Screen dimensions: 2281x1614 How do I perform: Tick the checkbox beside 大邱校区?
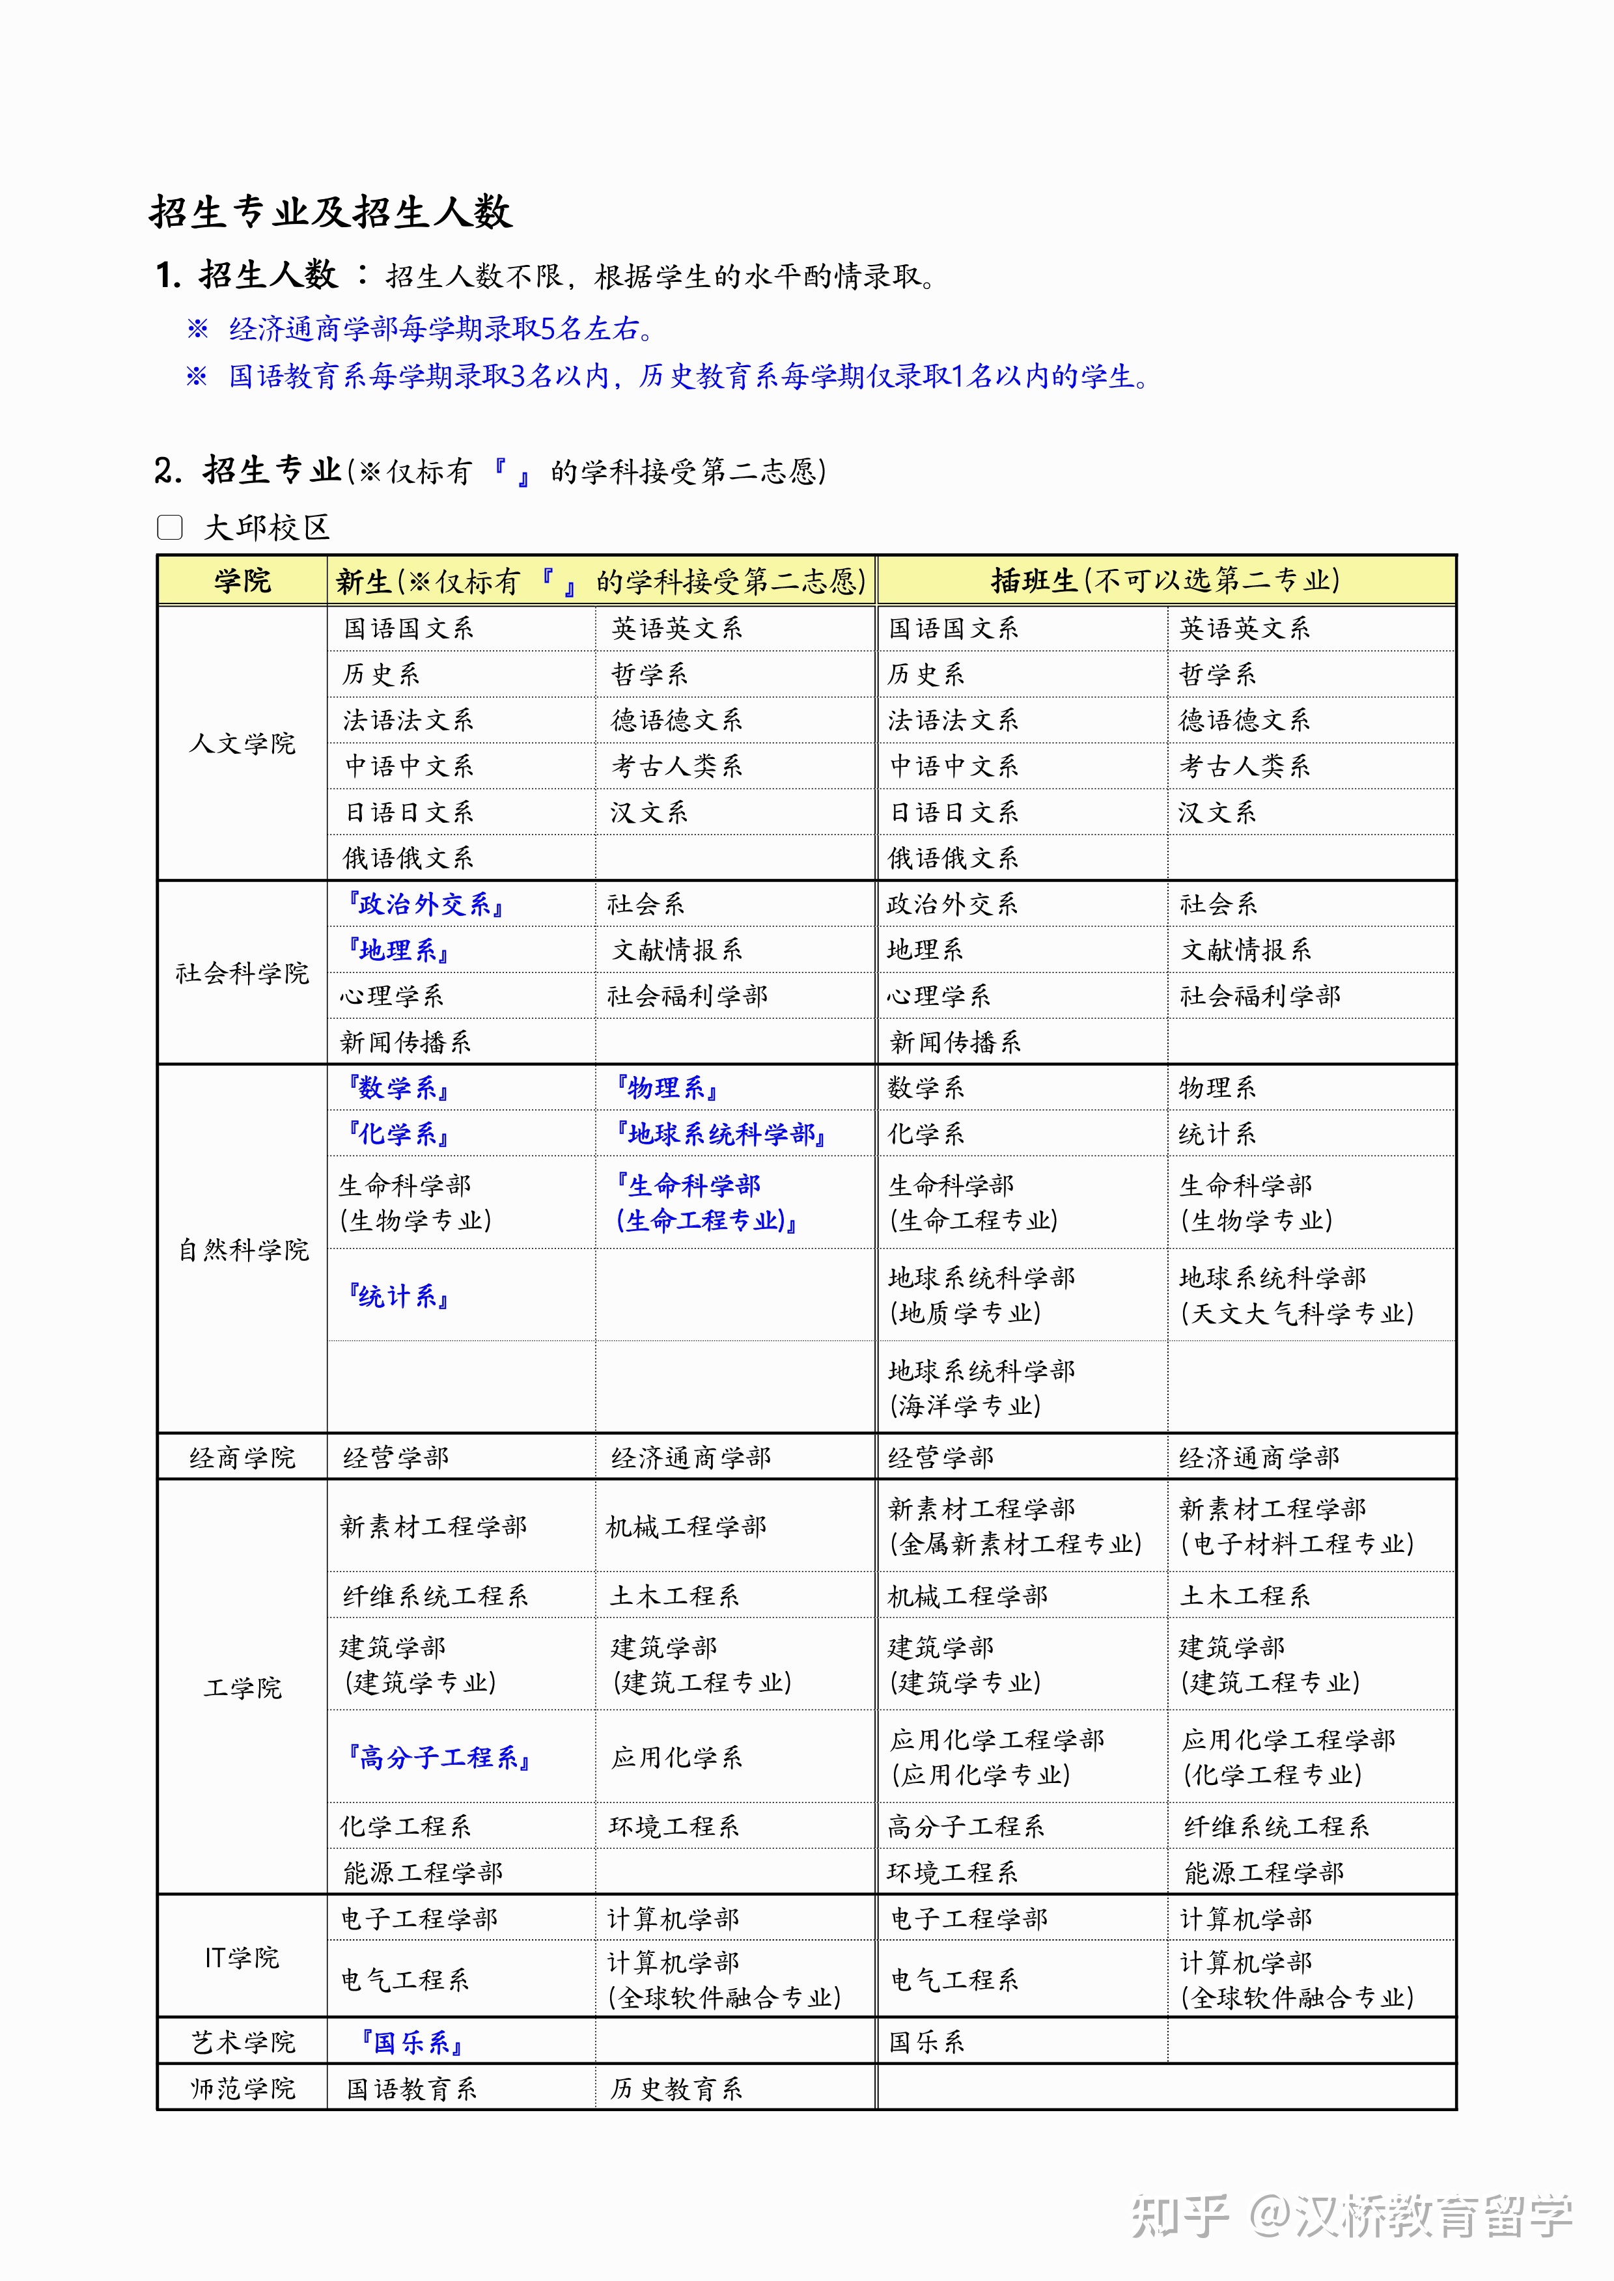(170, 527)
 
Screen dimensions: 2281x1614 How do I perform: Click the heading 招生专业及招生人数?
(331, 212)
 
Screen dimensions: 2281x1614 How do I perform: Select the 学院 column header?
(242, 580)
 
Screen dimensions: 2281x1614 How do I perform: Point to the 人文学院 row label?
(242, 743)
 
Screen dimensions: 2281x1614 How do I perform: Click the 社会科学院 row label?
(242, 973)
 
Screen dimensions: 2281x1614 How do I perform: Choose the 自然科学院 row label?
(242, 1249)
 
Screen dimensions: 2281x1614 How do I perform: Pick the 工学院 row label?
(242, 1687)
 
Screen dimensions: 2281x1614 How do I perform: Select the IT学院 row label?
(242, 1957)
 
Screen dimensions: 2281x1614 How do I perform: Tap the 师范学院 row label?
(242, 2088)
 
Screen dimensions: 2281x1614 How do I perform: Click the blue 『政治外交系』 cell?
(424, 904)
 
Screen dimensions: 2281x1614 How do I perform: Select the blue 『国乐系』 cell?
(411, 2043)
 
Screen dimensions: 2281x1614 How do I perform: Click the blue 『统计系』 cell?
(398, 1295)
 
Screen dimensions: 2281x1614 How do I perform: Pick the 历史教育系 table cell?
(676, 2088)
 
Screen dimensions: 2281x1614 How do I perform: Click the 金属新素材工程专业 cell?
(1014, 1526)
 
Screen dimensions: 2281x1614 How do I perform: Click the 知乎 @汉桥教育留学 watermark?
(1352, 2215)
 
